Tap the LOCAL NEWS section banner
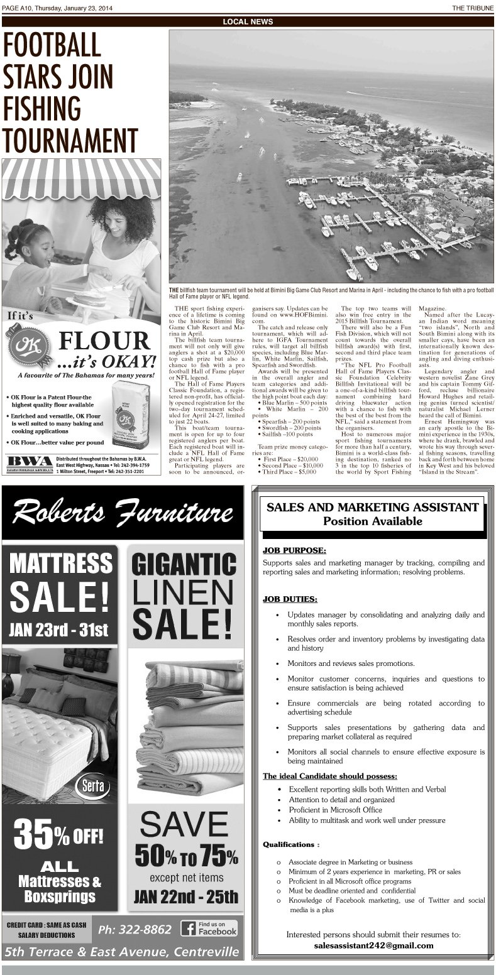[248, 21]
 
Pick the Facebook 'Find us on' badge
[209, 929]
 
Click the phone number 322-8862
[135, 929]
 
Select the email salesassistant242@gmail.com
[373, 945]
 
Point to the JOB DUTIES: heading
[290, 599]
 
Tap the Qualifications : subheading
[291, 844]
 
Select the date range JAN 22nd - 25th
[185, 896]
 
